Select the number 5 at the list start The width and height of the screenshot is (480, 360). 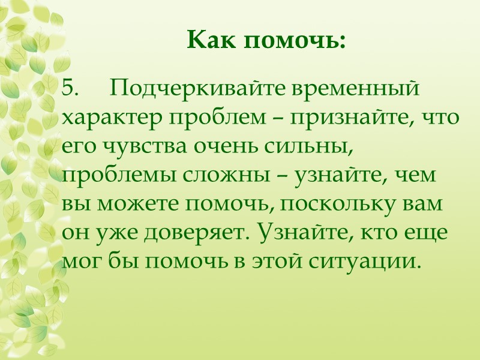coord(70,89)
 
